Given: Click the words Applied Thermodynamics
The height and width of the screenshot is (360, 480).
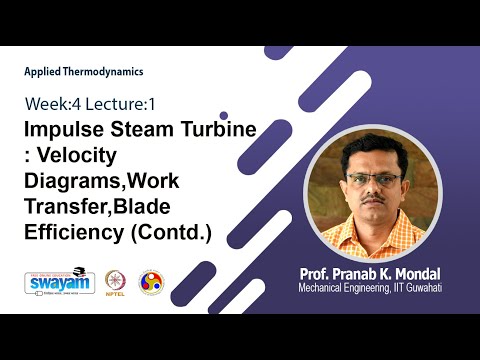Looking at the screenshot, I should pyautogui.click(x=84, y=72).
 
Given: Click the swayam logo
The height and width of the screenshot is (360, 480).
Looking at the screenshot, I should pyautogui.click(x=63, y=282).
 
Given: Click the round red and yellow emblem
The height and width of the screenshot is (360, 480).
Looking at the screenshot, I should pyautogui.click(x=151, y=281).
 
